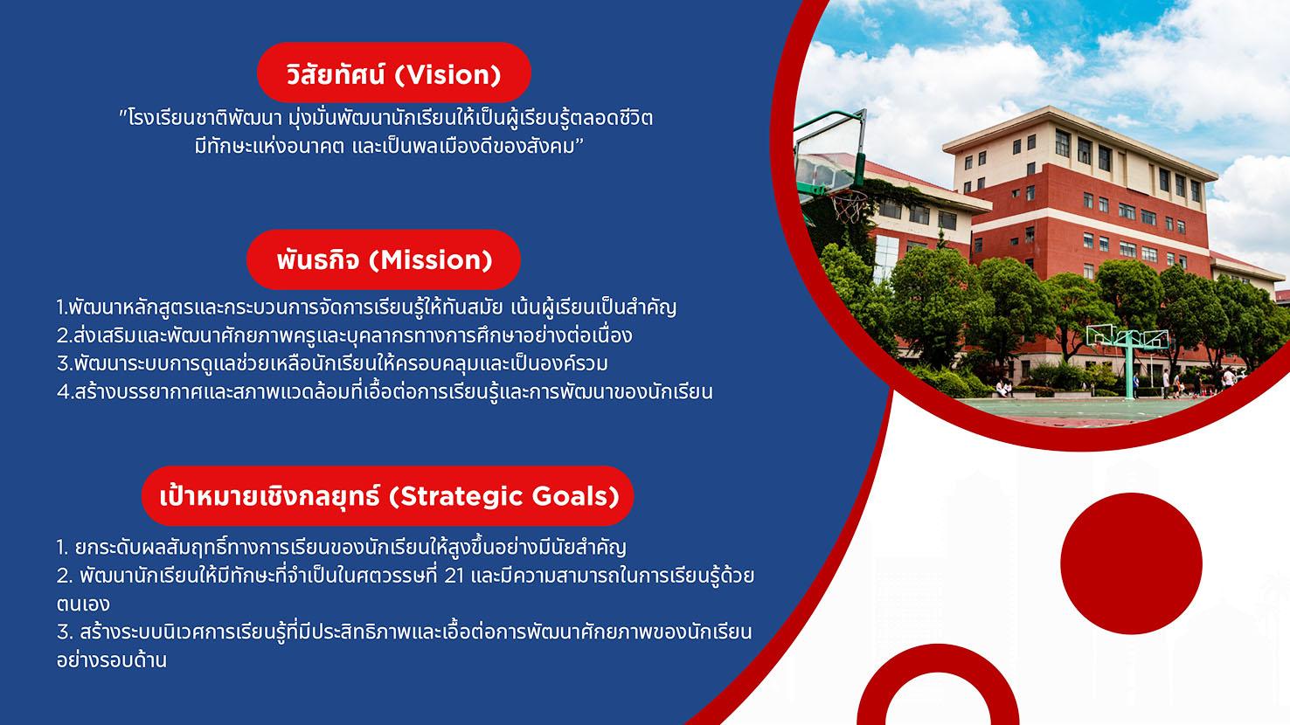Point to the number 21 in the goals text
(x=454, y=576)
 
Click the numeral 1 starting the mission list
(x=61, y=307)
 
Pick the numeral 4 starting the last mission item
(x=63, y=392)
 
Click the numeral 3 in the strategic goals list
(x=63, y=632)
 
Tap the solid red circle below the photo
(x=1131, y=563)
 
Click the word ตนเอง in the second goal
(x=83, y=604)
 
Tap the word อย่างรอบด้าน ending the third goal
(x=112, y=660)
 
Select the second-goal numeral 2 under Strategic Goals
(x=63, y=576)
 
